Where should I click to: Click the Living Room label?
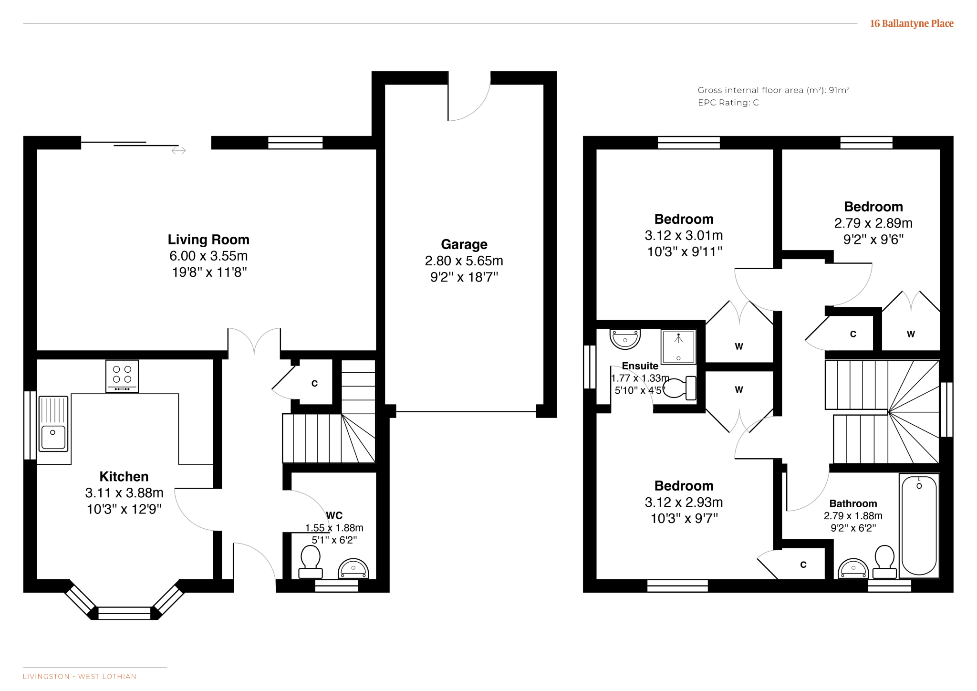208,240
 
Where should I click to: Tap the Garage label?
464,244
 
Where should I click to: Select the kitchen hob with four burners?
122,377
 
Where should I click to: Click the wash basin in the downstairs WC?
353,568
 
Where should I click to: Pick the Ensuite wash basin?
625,339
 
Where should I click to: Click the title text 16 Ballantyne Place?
912,23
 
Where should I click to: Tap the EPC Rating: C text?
728,103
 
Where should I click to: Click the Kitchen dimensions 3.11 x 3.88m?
124,492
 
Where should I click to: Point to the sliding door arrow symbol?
178,151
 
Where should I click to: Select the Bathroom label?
853,503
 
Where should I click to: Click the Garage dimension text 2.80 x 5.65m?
464,261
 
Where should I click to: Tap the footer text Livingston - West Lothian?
80,676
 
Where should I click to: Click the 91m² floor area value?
839,90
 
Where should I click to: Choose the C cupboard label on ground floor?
314,384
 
